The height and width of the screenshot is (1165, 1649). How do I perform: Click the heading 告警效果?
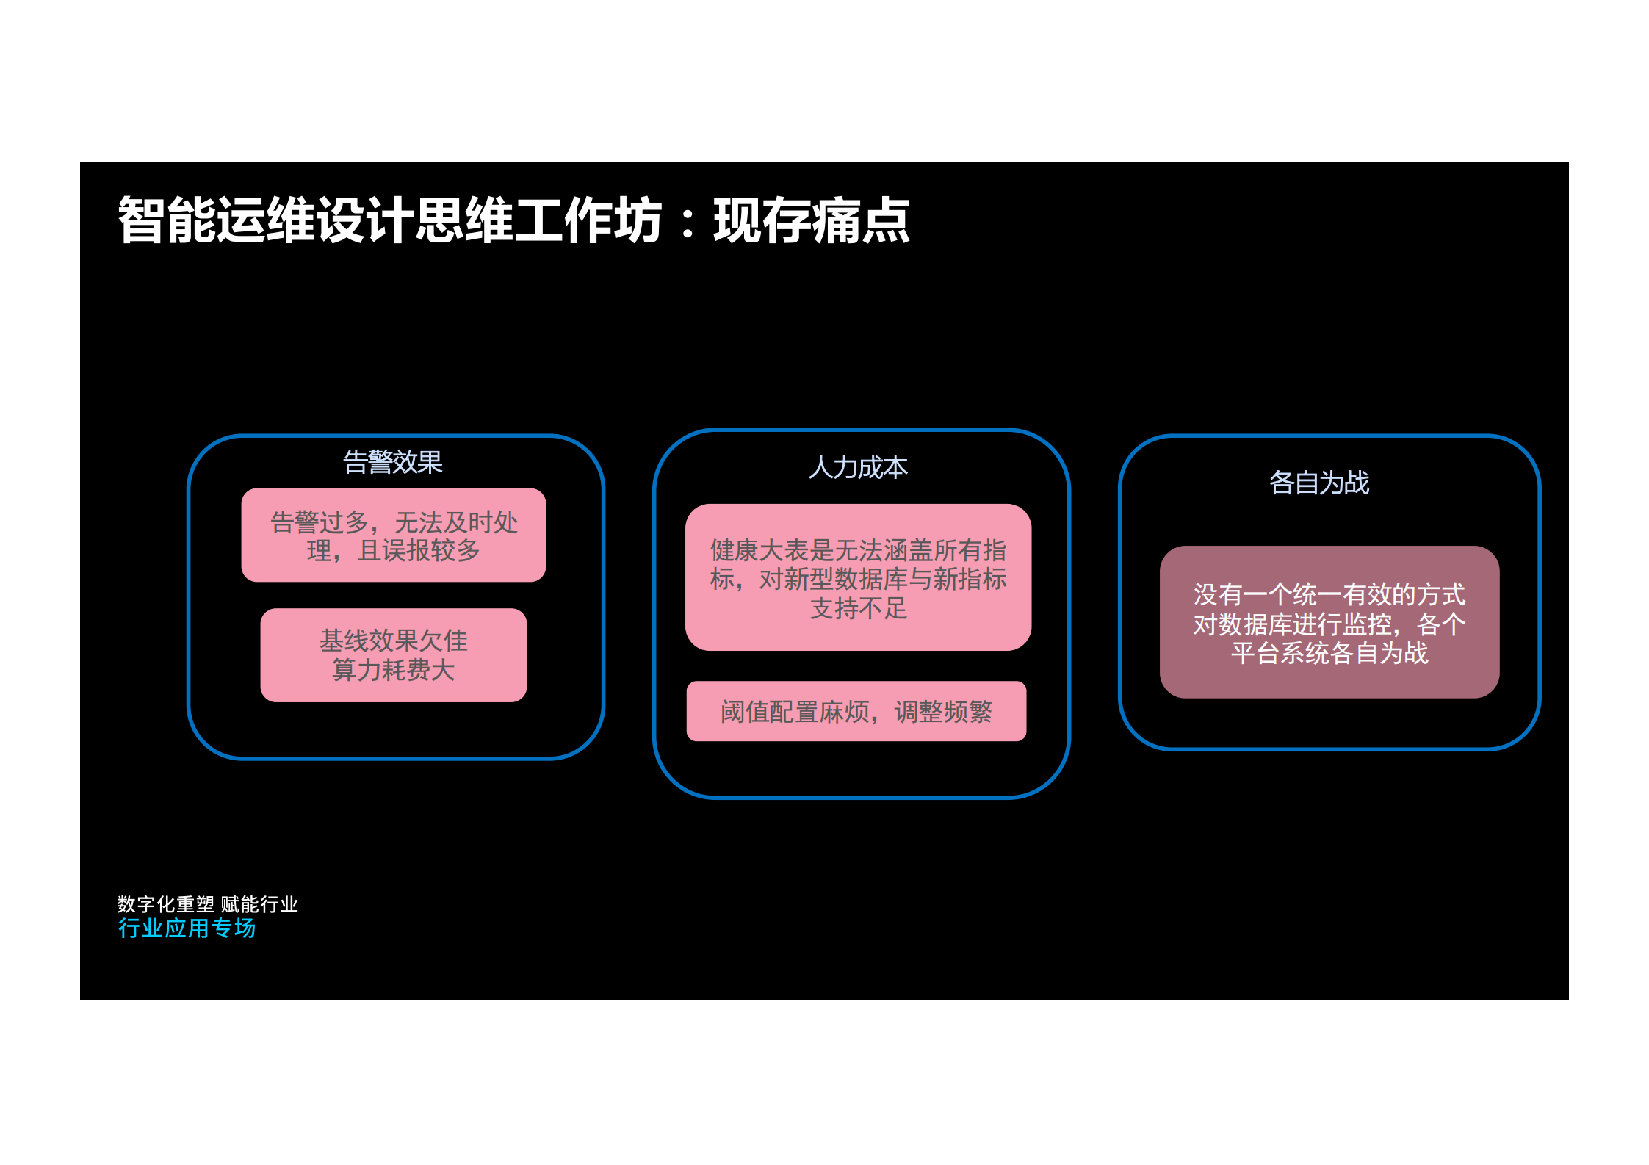[x=393, y=462]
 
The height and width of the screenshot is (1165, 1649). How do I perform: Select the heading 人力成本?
[x=858, y=467]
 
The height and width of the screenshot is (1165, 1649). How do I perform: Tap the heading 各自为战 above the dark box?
[x=1319, y=483]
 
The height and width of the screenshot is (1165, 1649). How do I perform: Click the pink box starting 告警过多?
[x=394, y=535]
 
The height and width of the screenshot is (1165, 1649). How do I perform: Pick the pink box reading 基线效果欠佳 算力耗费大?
[x=394, y=654]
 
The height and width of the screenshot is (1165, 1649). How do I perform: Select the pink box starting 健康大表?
[x=858, y=577]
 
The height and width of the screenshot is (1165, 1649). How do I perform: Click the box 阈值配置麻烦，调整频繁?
[x=856, y=711]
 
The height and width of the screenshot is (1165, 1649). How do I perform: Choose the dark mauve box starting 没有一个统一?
[x=1329, y=621]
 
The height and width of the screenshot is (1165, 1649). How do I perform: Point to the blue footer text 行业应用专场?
[x=187, y=928]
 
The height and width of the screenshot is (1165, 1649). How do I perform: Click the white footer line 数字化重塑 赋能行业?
[x=208, y=904]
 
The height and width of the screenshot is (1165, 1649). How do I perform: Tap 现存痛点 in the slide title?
[x=812, y=220]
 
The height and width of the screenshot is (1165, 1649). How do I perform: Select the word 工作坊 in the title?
[x=588, y=220]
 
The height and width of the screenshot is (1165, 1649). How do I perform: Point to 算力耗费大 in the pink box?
[x=394, y=670]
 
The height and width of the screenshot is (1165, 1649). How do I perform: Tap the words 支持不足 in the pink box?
[x=858, y=608]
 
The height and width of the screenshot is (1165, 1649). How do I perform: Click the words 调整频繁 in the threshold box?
[x=943, y=712]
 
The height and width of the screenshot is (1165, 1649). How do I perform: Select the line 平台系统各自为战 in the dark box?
[x=1329, y=653]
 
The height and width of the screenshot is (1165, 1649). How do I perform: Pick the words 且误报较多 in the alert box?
[x=419, y=550]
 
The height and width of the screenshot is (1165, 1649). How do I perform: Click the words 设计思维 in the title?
[x=415, y=220]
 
